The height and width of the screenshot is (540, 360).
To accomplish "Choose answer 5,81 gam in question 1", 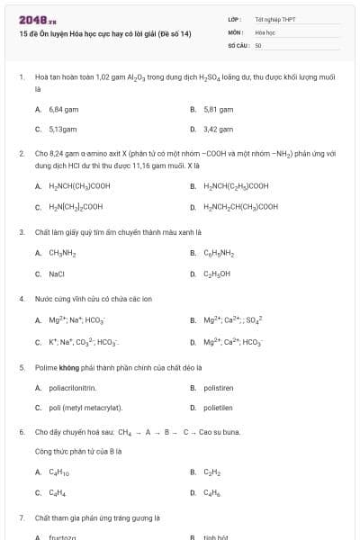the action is tap(218, 109).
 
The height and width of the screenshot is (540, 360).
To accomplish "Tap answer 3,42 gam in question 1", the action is tap(218, 129).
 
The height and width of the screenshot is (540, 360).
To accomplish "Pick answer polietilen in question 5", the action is tap(219, 408).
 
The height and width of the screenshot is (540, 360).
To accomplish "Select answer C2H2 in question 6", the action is tap(213, 472).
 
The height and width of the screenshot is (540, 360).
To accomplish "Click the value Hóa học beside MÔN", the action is tap(265, 31).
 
